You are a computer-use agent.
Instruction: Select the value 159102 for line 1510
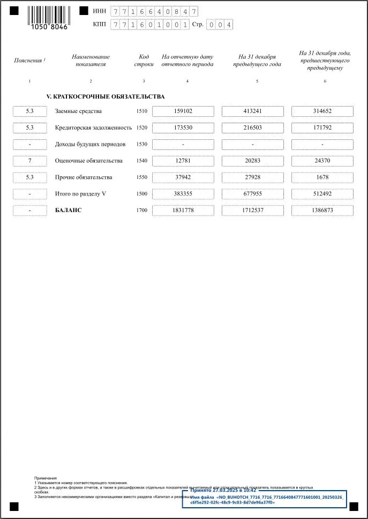(183, 111)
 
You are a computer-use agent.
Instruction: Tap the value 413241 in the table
(252, 111)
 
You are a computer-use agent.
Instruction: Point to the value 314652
(322, 111)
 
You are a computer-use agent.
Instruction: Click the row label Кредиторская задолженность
(93, 128)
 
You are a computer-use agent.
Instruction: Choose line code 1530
(141, 145)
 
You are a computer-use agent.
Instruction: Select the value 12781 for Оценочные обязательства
(183, 161)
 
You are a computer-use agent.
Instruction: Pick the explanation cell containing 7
(30, 161)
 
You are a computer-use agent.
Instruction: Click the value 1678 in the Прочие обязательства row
(322, 177)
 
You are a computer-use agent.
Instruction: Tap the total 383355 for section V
(183, 194)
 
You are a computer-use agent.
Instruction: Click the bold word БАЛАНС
(69, 210)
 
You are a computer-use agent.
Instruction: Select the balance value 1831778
(183, 210)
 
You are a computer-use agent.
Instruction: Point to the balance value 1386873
(322, 210)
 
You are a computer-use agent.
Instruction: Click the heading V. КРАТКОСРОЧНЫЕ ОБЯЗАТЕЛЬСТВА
(106, 96)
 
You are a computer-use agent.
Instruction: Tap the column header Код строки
(144, 61)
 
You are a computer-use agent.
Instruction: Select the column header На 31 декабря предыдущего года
(257, 61)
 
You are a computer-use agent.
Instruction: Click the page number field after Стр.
(220, 25)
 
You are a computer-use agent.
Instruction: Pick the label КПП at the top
(99, 25)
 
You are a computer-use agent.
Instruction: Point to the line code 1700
(141, 210)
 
